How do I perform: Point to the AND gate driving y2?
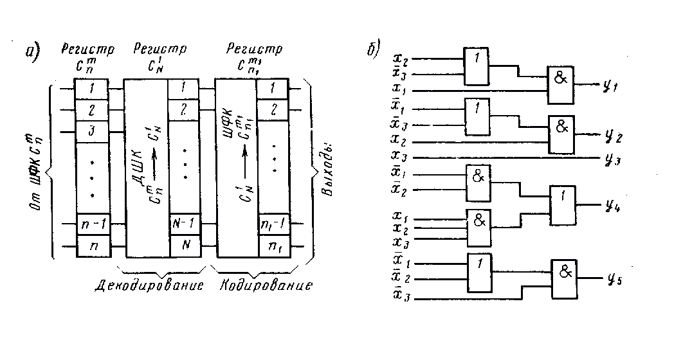click(561, 135)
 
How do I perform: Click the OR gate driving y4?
click(562, 205)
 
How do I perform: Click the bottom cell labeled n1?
click(272, 246)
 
